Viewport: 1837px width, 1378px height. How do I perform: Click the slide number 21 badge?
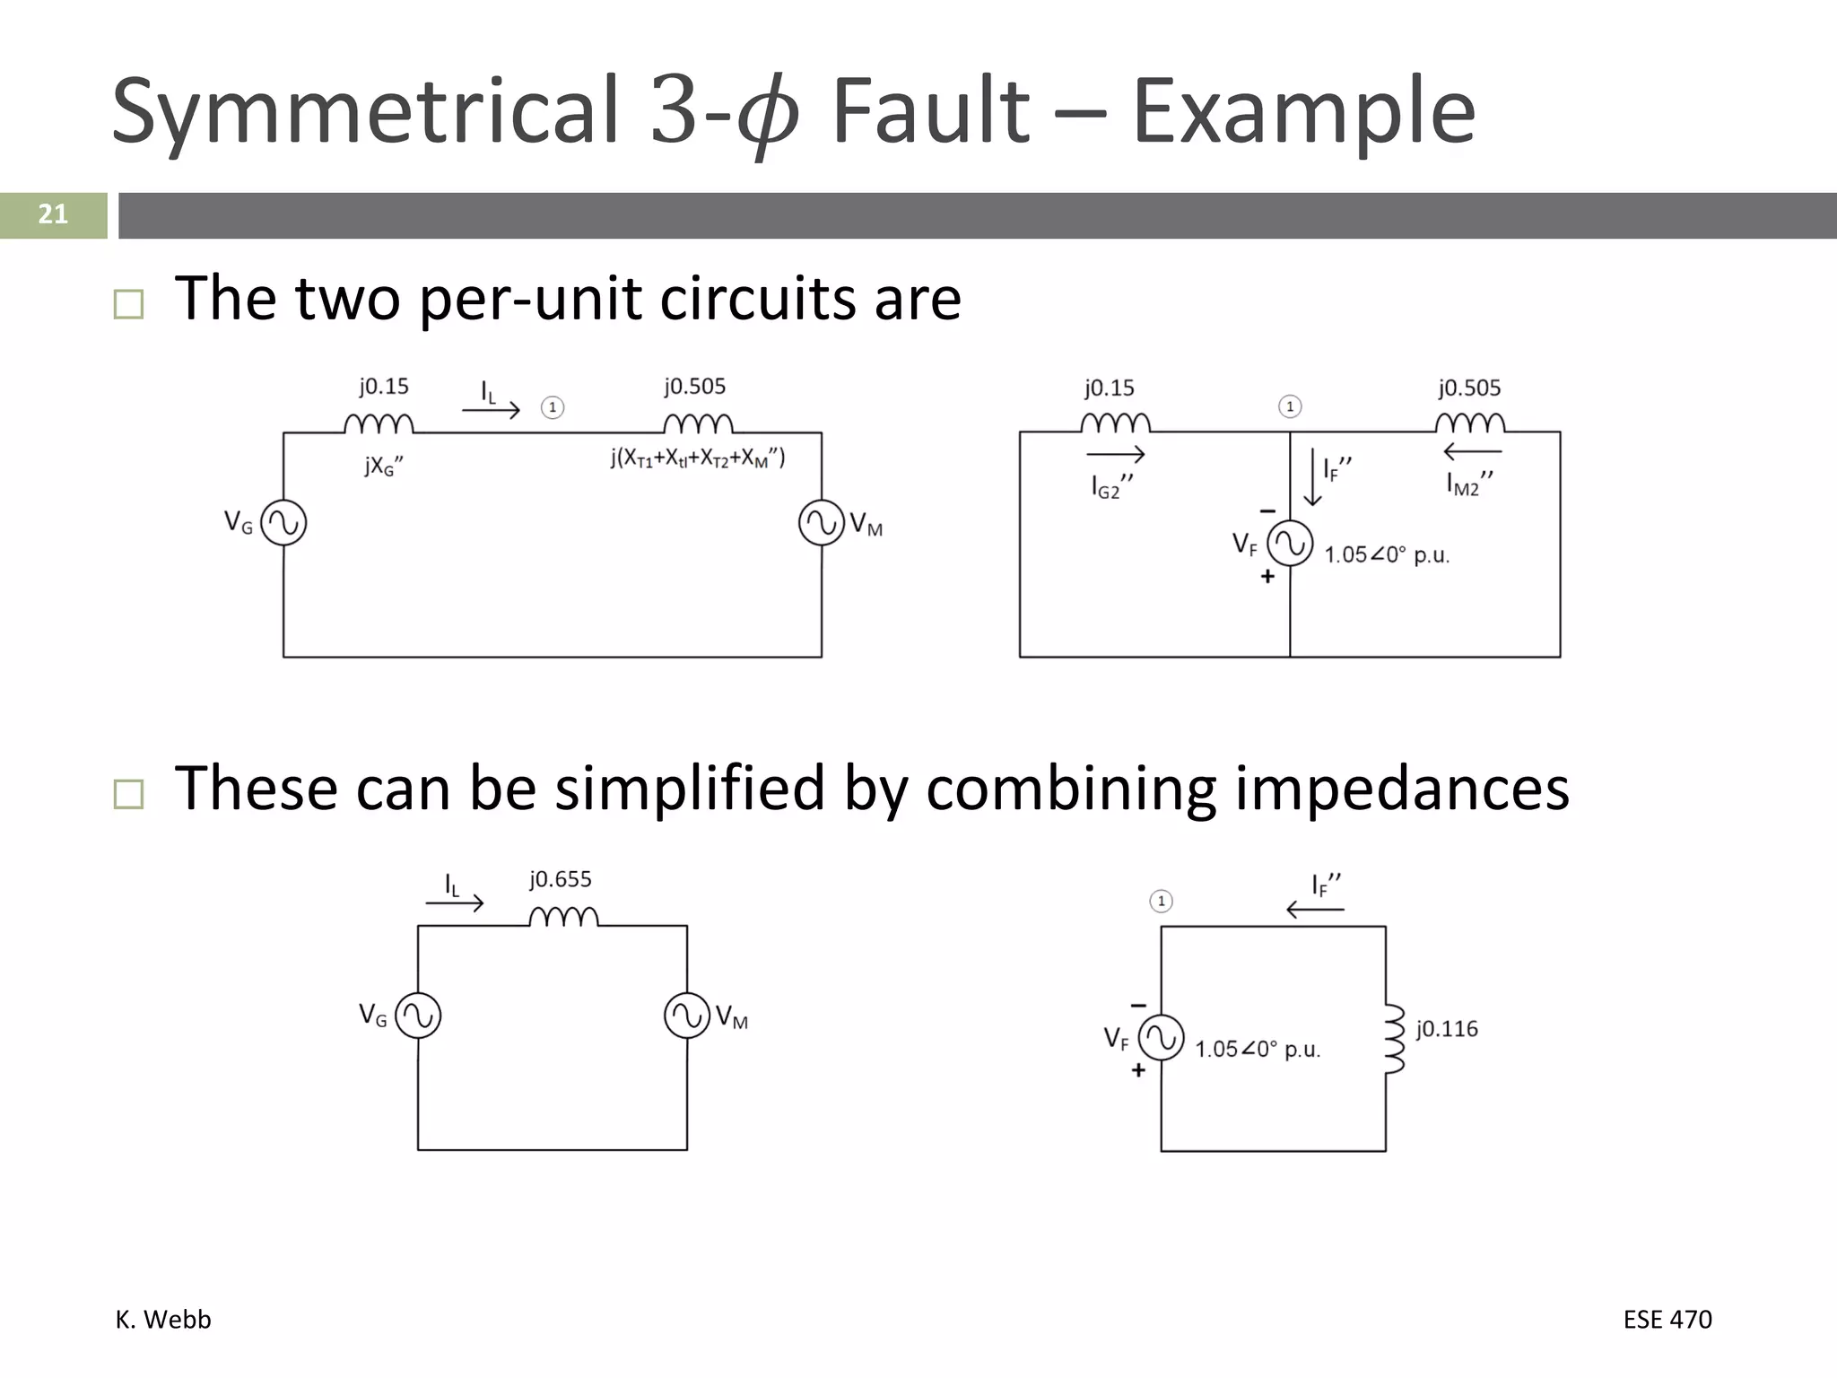(53, 214)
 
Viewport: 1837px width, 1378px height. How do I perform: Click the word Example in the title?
(1303, 111)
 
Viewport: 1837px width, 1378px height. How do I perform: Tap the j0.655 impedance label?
(561, 879)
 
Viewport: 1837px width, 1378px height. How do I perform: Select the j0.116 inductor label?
(1447, 1029)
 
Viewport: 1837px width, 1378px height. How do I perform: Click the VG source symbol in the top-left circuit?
(283, 523)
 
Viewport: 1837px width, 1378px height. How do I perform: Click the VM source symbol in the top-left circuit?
(822, 523)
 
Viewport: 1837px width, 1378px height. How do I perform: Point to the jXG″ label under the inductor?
(384, 466)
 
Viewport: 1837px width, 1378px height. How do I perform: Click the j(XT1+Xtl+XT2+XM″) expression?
(698, 458)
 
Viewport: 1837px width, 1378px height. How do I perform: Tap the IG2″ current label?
(1112, 486)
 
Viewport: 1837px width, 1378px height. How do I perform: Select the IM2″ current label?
(1469, 484)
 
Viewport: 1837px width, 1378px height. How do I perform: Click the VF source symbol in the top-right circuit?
(1290, 544)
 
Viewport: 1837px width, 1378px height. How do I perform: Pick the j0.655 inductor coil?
(563, 917)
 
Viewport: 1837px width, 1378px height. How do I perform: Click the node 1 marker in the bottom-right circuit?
(1161, 901)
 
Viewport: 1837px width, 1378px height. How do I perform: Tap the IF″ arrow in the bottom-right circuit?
(1315, 910)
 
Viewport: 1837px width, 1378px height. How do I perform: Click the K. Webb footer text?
(163, 1320)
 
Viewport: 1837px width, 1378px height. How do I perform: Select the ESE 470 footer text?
(1667, 1320)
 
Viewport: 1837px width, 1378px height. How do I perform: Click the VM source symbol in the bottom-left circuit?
(687, 1016)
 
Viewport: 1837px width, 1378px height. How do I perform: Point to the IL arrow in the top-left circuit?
(491, 410)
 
